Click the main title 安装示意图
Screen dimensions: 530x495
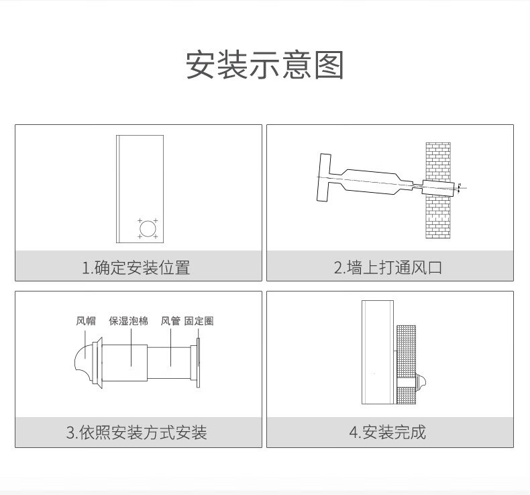(265, 65)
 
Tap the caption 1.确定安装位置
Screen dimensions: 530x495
(136, 267)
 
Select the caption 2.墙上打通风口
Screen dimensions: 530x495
(388, 267)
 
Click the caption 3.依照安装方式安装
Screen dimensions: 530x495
(136, 433)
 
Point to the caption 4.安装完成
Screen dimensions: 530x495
(387, 433)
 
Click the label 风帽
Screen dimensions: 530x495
(86, 321)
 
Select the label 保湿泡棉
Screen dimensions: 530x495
(128, 321)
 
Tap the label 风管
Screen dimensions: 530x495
(170, 321)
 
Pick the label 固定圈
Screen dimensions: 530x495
(199, 321)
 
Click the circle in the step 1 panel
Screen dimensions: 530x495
(148, 229)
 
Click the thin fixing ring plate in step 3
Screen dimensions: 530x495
(198, 363)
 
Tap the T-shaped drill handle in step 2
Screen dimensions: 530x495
(323, 177)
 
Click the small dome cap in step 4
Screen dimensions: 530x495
(421, 382)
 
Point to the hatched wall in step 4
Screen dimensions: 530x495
(406, 365)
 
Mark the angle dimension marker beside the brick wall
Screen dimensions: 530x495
(459, 188)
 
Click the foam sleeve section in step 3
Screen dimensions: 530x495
(124, 363)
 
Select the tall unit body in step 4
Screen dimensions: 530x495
(378, 352)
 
